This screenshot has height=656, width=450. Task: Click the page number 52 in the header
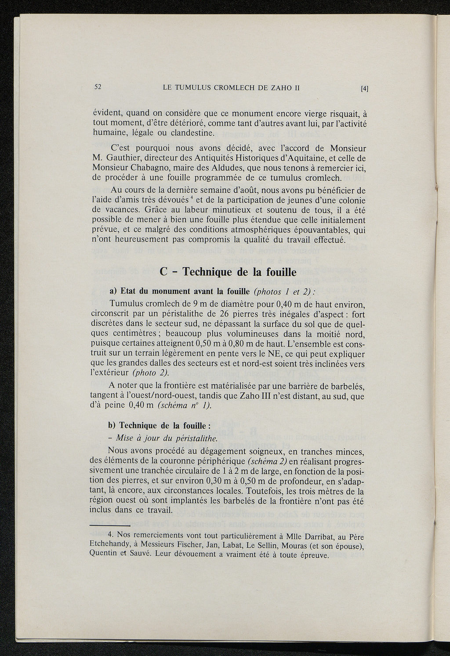(x=98, y=87)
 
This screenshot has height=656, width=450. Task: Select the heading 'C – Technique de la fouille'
(x=228, y=272)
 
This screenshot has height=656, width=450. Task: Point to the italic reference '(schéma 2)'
(x=268, y=461)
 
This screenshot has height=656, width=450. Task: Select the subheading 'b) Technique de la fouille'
(x=160, y=425)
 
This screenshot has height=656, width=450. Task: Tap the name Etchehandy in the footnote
(x=109, y=546)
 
